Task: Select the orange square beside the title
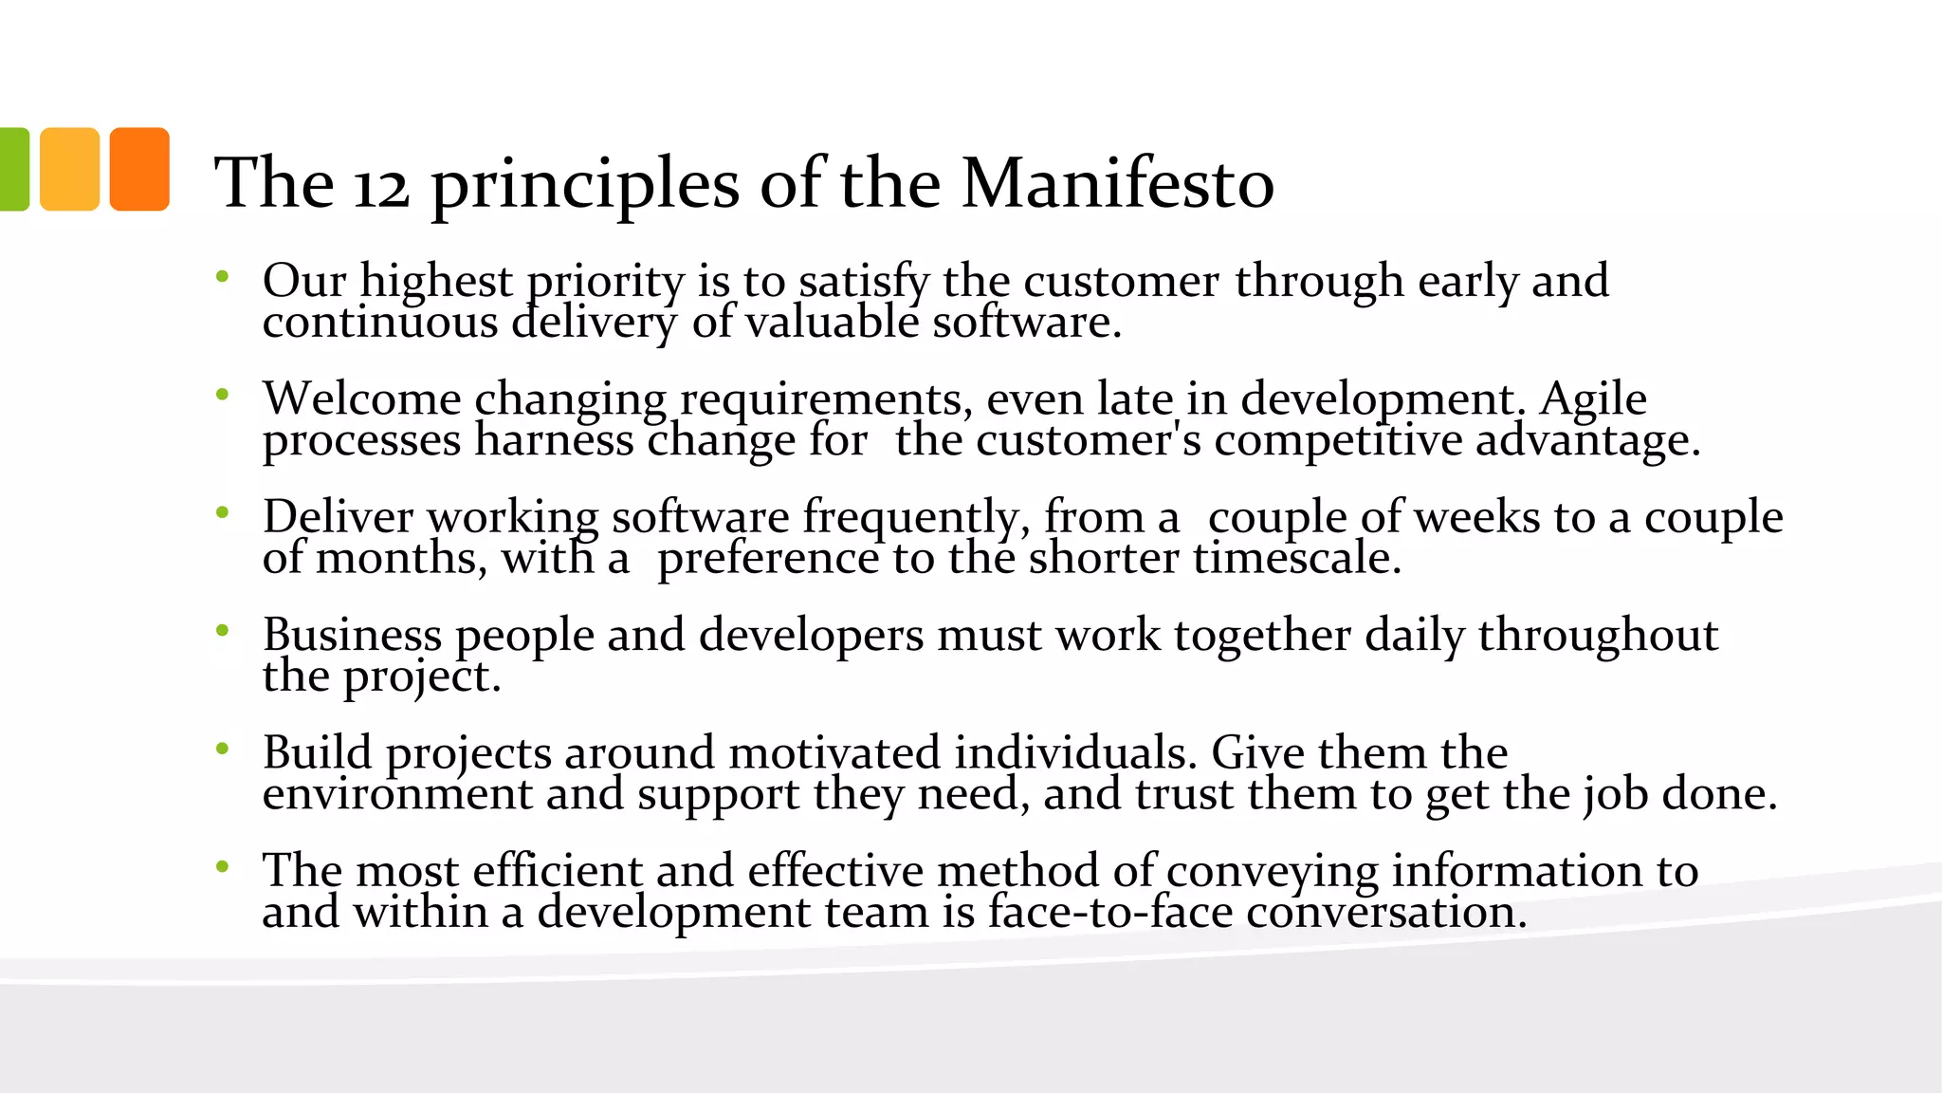click(139, 169)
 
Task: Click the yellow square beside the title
click(69, 169)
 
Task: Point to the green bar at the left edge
click(13, 169)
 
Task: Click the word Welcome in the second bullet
click(361, 398)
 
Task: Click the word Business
click(352, 635)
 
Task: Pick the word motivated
click(834, 752)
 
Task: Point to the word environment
click(397, 795)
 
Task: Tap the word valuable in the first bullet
click(832, 324)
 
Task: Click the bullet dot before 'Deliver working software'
click(223, 513)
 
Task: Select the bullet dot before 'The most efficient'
click(223, 866)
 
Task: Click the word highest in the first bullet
click(436, 282)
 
